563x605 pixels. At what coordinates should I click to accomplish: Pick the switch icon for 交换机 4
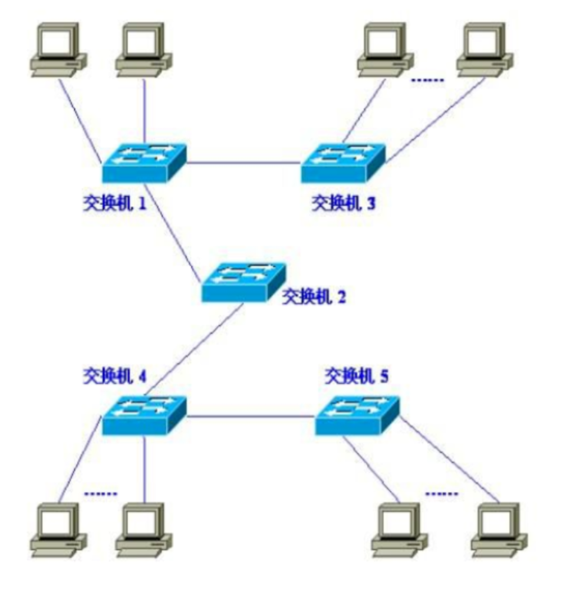(144, 415)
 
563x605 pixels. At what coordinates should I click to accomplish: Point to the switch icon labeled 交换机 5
(357, 415)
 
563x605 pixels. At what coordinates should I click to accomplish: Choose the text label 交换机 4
(114, 375)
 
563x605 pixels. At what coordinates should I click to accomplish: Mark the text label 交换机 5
(357, 375)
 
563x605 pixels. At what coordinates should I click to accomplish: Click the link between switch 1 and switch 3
(243, 162)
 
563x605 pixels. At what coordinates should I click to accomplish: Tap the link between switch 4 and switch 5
(251, 416)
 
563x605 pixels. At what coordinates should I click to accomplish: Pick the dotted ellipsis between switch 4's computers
(101, 493)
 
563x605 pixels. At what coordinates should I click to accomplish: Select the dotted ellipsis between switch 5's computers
(442, 493)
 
